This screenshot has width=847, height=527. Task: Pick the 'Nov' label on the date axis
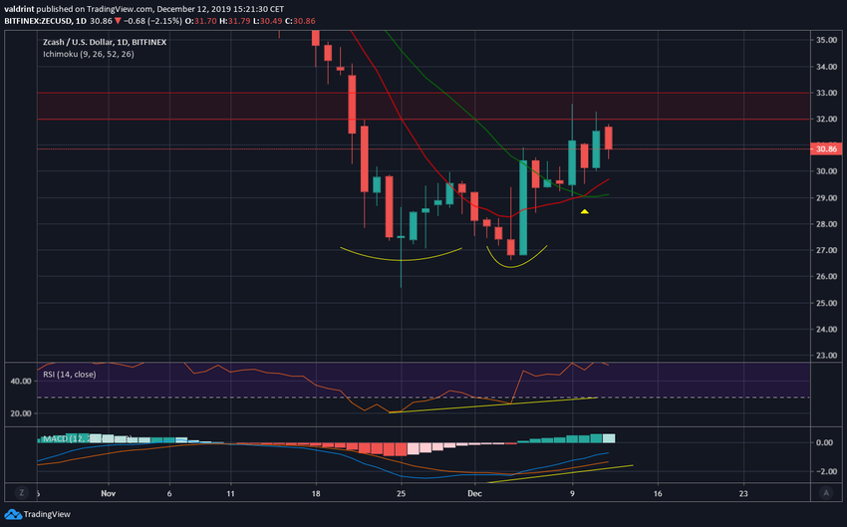[109, 492]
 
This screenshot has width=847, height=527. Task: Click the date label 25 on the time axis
[400, 492]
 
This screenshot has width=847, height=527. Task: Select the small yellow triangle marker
[585, 211]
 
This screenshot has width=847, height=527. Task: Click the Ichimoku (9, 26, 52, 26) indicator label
[88, 55]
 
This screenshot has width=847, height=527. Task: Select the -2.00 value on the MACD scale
[823, 471]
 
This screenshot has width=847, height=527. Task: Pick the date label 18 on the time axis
[316, 492]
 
